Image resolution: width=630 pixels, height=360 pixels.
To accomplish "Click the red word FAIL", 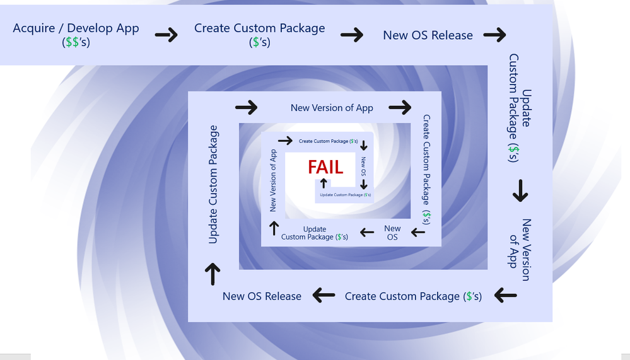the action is coord(325,167).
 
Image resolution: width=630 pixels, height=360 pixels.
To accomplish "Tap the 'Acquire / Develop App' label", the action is coord(76,28).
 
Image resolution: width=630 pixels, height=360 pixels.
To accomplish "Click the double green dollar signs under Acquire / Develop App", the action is coord(72,42).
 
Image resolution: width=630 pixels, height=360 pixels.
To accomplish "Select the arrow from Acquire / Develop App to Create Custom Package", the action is coord(166,35).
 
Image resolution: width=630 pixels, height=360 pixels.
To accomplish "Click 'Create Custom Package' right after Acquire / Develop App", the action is coord(260,28).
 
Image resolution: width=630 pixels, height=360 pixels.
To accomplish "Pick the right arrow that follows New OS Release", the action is coord(494,35).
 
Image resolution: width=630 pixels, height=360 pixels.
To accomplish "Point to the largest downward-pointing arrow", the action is coord(520,190).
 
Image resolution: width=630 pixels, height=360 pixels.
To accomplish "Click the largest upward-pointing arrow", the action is coord(213,274).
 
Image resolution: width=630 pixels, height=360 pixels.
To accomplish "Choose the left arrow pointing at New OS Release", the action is coord(324,295).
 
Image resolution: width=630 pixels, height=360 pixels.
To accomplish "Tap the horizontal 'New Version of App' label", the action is coord(332,108).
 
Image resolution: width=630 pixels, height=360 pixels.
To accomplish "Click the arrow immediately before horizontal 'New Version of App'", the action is coord(247,107).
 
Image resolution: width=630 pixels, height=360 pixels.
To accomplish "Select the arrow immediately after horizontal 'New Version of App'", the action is coord(400,107).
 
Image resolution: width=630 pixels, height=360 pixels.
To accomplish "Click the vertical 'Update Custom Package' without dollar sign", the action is coord(213,185).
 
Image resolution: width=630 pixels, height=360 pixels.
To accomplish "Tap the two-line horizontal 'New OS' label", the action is coord(392,233).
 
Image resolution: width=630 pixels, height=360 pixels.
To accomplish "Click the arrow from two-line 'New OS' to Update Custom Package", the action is coord(367,232).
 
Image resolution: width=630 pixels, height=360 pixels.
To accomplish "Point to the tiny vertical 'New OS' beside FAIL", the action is coord(363,166).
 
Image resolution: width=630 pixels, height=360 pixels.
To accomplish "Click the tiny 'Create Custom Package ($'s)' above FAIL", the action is coord(329,141).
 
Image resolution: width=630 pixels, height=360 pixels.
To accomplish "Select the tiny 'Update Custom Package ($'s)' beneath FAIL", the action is coord(346,195).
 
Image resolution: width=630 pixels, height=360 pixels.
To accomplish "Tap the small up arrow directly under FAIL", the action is coord(324,183).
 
